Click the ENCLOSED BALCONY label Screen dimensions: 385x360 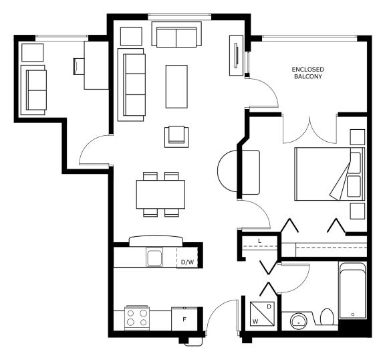coord(308,73)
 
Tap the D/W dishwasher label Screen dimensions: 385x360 coord(187,262)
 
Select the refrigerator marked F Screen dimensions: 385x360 coord(184,319)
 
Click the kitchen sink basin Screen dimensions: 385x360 coord(154,257)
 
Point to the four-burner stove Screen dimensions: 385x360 coord(137,318)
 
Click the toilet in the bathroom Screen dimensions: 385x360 coord(327,317)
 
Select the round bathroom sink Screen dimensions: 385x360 coord(299,321)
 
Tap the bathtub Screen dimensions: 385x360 coord(353,290)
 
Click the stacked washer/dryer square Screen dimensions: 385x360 coord(262,314)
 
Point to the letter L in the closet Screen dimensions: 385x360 coord(260,241)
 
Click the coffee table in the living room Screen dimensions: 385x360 coord(176,86)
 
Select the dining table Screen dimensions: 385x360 coord(160,194)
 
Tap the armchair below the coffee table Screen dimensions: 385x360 coord(176,137)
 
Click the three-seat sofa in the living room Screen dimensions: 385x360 coord(132,85)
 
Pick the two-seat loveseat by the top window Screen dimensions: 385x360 coord(176,34)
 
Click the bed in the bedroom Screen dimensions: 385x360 coord(330,174)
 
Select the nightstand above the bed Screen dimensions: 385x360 coord(357,137)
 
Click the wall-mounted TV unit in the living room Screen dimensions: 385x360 coord(237,56)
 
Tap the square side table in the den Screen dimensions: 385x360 coord(33,53)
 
